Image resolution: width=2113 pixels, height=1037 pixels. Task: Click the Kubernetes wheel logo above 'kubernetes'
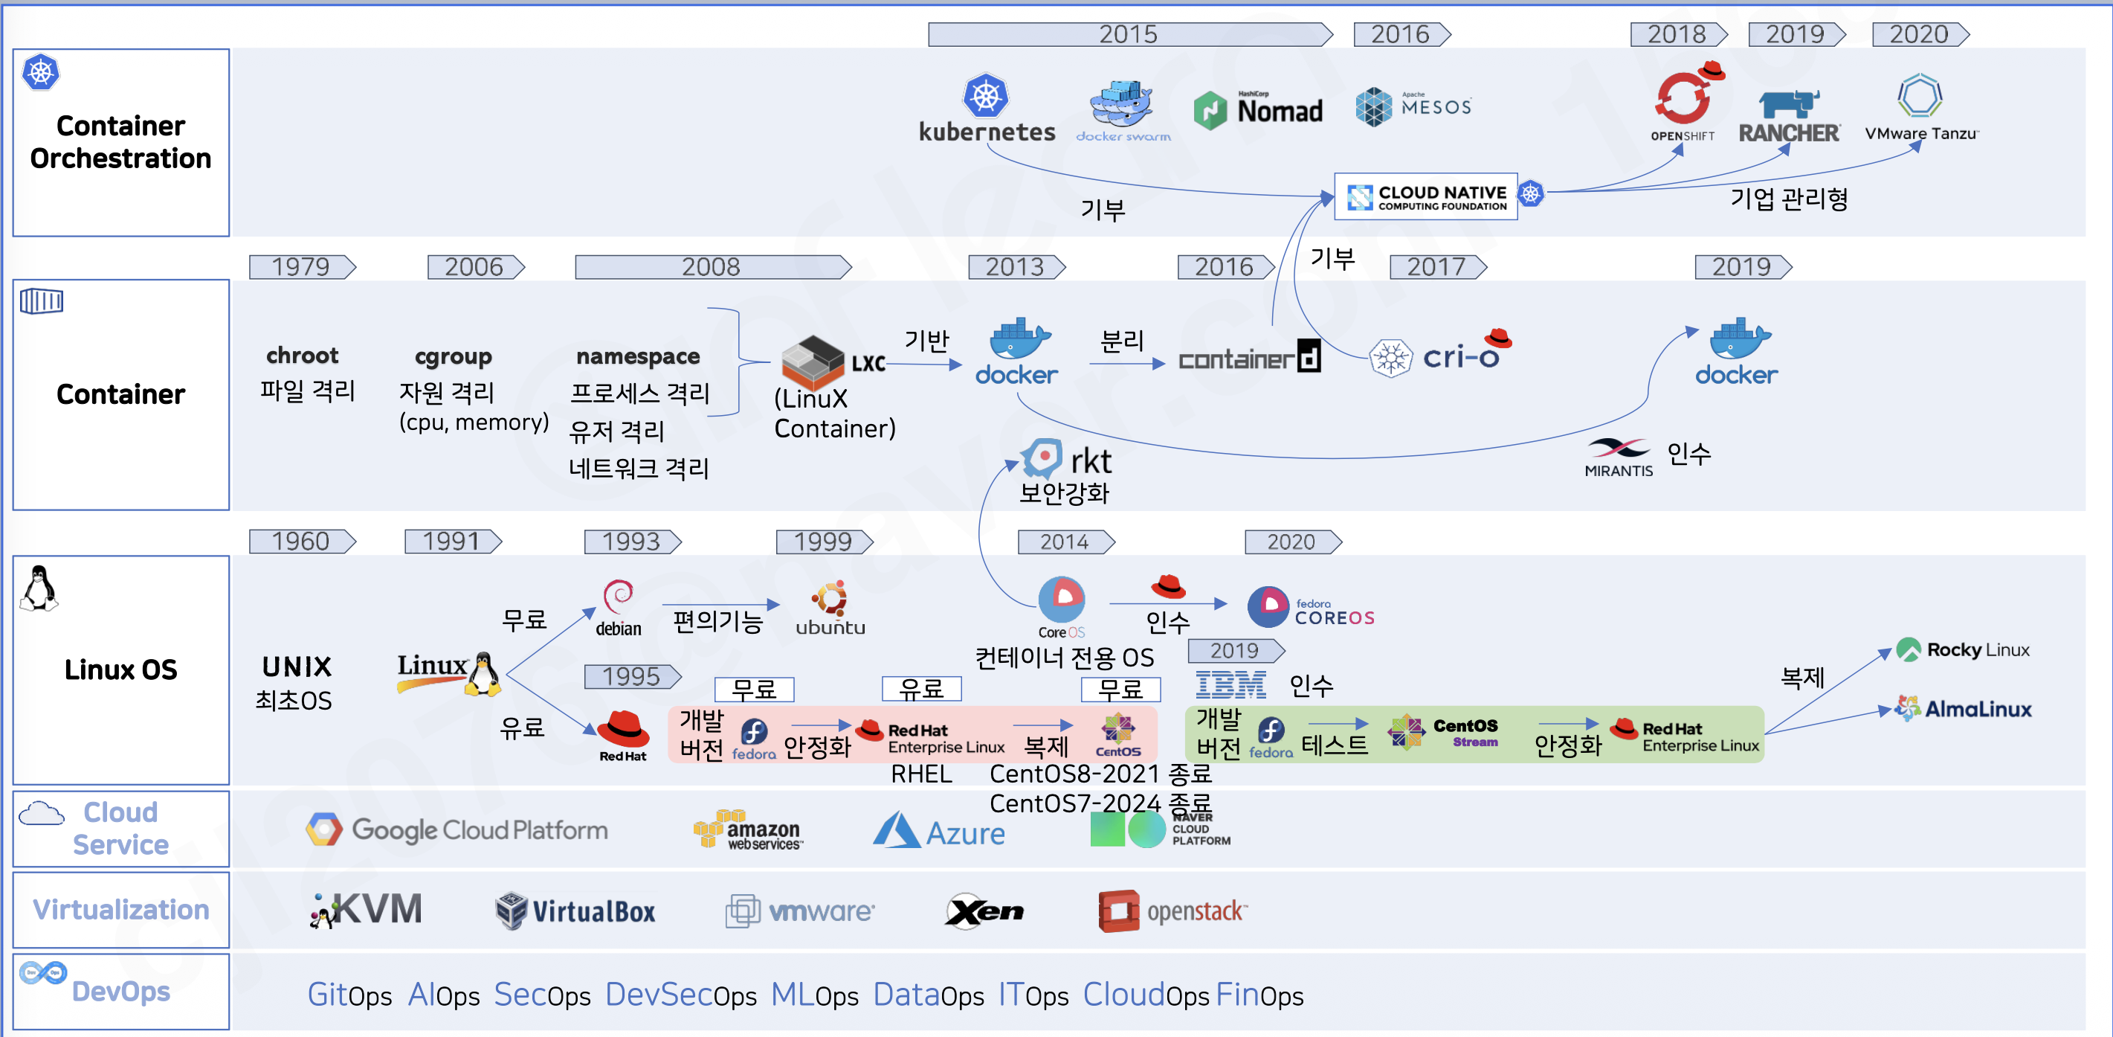(985, 96)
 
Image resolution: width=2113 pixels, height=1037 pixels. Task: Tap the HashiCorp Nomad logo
(1257, 110)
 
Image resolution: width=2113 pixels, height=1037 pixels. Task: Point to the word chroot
(302, 356)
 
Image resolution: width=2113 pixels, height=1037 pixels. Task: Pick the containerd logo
(1249, 358)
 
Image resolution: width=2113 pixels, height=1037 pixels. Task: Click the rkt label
(1090, 461)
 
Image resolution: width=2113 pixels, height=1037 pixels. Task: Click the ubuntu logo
(830, 609)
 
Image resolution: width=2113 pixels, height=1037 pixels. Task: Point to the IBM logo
(1230, 684)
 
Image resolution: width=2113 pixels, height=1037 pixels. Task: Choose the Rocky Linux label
(1978, 649)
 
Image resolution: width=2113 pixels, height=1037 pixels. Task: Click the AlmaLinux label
(1978, 709)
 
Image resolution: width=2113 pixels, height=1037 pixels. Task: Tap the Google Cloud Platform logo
(457, 830)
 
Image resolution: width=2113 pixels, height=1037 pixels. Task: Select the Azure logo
(939, 830)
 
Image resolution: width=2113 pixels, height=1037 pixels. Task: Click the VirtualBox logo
(575, 911)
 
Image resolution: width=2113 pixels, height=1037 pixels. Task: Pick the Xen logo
(984, 911)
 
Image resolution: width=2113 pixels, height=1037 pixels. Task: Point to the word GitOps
(349, 995)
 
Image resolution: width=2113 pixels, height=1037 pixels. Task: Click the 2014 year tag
(1065, 542)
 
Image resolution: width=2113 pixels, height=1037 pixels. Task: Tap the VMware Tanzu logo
(1921, 109)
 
